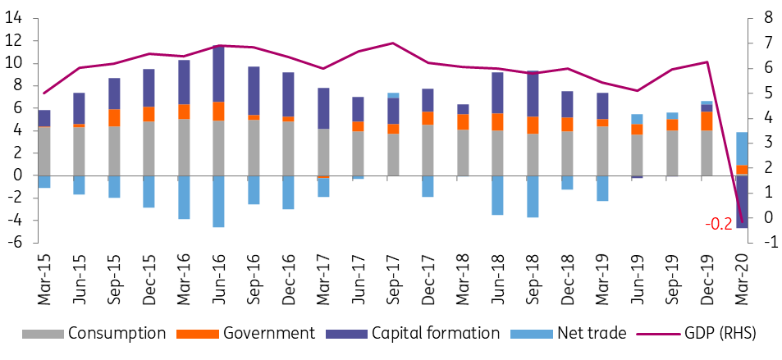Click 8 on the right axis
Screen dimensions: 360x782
coord(770,18)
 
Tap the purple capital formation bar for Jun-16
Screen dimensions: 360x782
coord(218,74)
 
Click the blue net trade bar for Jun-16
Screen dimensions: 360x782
coord(218,201)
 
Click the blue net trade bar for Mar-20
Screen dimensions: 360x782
coord(742,148)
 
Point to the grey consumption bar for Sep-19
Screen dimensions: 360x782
coord(672,153)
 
